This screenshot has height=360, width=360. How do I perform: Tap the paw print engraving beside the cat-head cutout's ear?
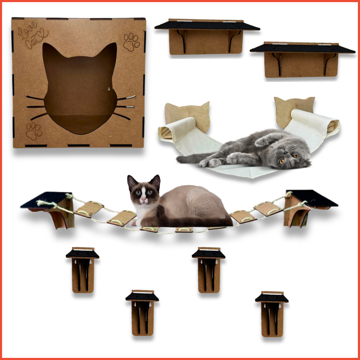click(131, 42)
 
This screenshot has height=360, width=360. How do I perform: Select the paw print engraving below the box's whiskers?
click(34, 130)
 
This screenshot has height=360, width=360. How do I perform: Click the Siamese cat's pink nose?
click(143, 200)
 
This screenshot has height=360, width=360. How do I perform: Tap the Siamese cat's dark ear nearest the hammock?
click(155, 181)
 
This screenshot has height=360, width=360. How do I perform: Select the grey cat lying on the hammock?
click(253, 149)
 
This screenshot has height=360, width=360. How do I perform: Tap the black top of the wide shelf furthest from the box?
click(302, 49)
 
